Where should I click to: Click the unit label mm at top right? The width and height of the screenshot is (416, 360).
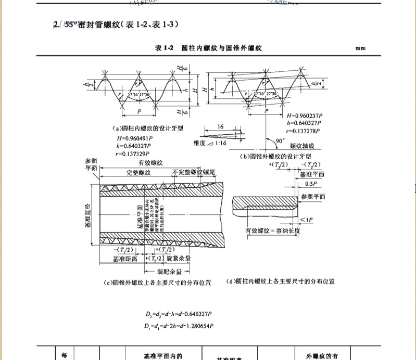[360, 48]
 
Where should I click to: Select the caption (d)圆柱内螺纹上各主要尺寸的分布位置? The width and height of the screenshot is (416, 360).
[281, 281]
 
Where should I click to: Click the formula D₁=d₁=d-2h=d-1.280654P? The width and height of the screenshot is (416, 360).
[180, 326]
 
